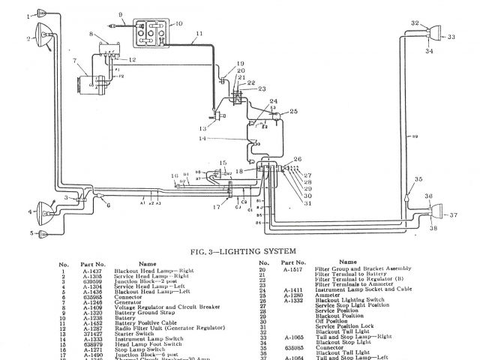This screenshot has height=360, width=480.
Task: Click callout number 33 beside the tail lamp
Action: [x=451, y=35]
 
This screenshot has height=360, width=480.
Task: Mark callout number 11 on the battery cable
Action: [x=199, y=34]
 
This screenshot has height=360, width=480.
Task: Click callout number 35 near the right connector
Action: [x=418, y=180]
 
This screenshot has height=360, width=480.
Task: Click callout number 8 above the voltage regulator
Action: [x=91, y=35]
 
